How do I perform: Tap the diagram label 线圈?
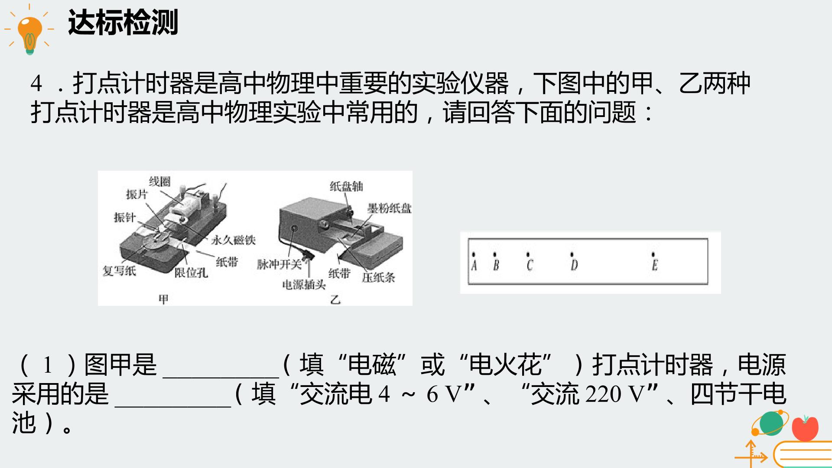click(x=160, y=182)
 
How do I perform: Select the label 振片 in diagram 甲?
click(x=137, y=195)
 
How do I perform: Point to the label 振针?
click(x=125, y=217)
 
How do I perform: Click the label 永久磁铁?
click(x=233, y=240)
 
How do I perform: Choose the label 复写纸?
click(x=119, y=271)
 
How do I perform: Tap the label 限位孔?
click(x=191, y=273)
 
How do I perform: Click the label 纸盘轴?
click(x=346, y=186)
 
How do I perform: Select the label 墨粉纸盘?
click(x=390, y=208)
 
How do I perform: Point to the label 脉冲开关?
click(x=279, y=264)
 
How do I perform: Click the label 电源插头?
click(x=304, y=285)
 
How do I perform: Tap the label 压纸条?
click(x=378, y=277)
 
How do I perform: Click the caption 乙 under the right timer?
click(x=335, y=299)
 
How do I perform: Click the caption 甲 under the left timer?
click(x=163, y=299)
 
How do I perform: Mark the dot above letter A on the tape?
click(x=474, y=254)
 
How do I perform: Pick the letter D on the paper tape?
click(x=574, y=265)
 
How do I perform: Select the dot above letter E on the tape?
click(x=653, y=254)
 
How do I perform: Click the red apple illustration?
click(x=805, y=428)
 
